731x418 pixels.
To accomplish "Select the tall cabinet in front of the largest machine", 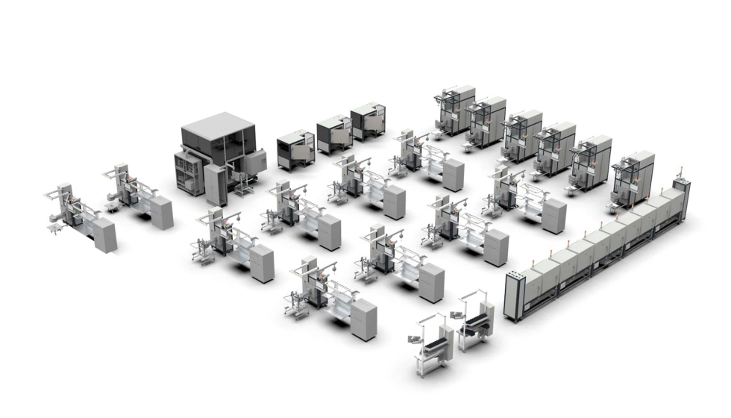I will pyautogui.click(x=215, y=184).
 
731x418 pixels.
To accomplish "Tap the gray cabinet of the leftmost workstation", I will pyautogui.click(x=105, y=234).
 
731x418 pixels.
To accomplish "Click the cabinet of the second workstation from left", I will pyautogui.click(x=160, y=212).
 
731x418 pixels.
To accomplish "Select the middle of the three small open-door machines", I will pyautogui.click(x=333, y=134).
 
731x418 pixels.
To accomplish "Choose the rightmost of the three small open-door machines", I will pyautogui.click(x=368, y=120).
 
